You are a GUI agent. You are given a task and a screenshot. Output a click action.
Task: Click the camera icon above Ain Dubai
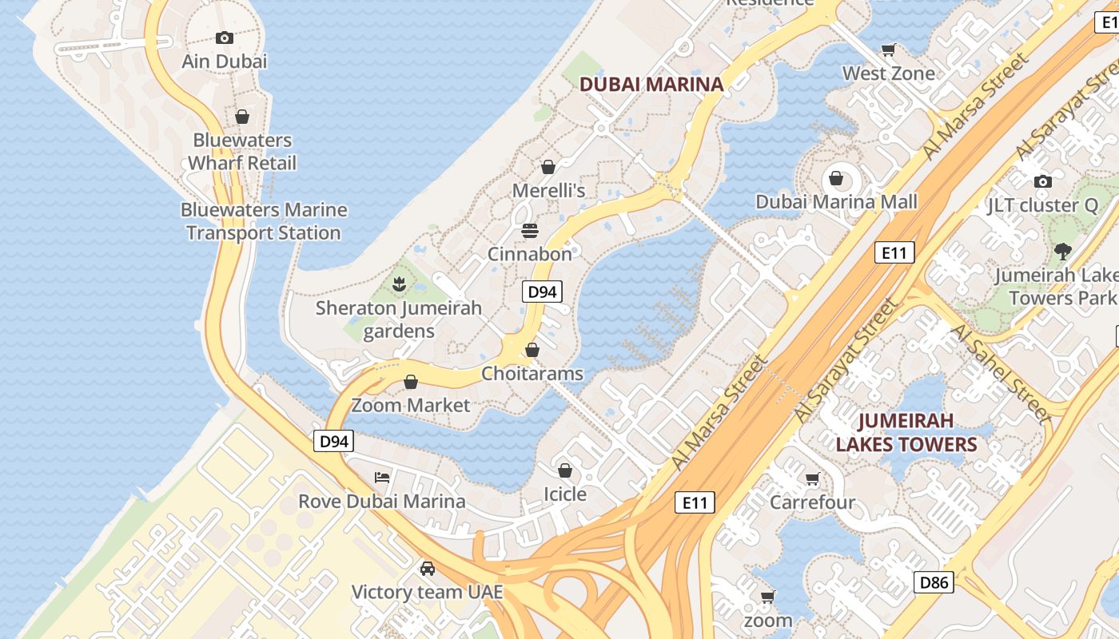click(x=225, y=38)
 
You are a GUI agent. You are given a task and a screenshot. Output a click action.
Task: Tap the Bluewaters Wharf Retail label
click(x=242, y=152)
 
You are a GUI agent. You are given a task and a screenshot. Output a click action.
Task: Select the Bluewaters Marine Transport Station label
click(x=264, y=221)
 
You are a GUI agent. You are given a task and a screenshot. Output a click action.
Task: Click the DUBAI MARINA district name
click(x=651, y=84)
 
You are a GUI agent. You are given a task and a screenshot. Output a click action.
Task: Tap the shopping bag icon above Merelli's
click(x=548, y=167)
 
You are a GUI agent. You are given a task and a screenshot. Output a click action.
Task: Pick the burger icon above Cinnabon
click(x=530, y=231)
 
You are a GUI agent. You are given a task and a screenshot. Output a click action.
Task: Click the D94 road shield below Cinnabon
click(x=542, y=292)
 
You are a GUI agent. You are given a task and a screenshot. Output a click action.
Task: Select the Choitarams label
click(x=532, y=374)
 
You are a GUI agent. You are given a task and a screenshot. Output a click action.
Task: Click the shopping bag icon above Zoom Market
click(x=411, y=382)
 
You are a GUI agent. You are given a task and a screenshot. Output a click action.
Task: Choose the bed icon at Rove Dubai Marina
click(x=382, y=478)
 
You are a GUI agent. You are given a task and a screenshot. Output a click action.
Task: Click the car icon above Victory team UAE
click(x=428, y=569)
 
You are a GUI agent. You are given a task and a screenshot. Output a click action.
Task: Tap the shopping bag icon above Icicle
click(x=565, y=470)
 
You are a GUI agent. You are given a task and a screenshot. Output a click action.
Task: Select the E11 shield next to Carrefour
click(x=695, y=502)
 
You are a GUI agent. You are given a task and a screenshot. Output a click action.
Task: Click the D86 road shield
click(x=934, y=582)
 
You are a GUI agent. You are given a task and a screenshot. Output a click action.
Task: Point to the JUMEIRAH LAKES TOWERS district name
click(x=906, y=432)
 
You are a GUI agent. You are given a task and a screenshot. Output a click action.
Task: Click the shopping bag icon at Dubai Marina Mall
click(x=836, y=178)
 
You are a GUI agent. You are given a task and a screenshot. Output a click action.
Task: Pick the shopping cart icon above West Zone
click(x=888, y=50)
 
